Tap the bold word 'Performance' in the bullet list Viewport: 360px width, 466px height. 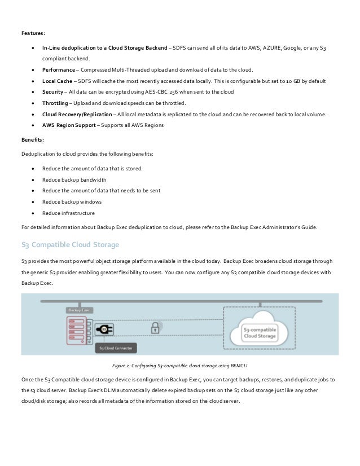58,69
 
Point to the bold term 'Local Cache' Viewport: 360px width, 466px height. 56,81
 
